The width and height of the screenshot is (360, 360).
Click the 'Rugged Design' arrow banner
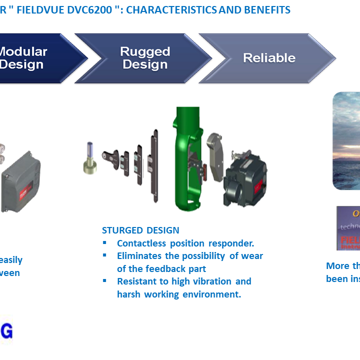click(145, 58)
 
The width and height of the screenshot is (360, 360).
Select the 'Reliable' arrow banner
click(269, 58)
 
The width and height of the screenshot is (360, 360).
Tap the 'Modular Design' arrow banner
click(30, 58)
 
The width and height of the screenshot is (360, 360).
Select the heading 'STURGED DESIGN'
click(140, 230)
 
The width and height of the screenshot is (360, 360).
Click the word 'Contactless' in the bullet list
click(141, 243)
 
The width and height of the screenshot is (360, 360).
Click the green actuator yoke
click(188, 160)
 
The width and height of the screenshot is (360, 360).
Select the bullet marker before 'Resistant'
click(105, 280)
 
